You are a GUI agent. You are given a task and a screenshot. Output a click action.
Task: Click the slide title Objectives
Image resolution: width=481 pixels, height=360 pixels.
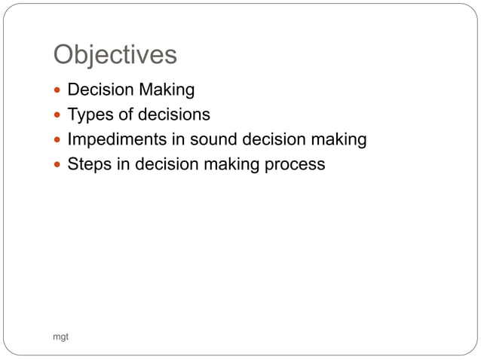115,55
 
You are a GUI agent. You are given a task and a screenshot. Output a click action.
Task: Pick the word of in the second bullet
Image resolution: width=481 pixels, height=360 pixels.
124,114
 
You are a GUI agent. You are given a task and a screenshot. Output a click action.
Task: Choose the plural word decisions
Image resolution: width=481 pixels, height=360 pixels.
173,114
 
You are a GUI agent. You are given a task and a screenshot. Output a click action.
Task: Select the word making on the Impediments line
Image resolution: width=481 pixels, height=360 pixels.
339,140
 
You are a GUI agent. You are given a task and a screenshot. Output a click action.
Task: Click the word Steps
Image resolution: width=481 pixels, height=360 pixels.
88,164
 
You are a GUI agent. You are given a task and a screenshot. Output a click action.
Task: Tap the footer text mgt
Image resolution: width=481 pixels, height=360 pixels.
60,337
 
